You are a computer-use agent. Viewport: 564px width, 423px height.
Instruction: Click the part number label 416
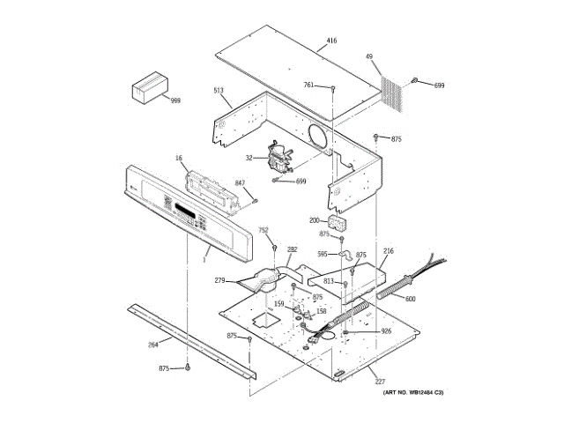tap(331, 41)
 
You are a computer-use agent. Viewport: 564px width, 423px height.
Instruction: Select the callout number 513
tap(219, 91)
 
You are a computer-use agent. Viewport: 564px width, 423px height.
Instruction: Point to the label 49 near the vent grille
tap(369, 57)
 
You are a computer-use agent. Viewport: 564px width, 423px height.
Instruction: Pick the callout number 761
tap(308, 85)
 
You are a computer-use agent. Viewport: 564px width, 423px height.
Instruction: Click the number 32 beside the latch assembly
tap(249, 158)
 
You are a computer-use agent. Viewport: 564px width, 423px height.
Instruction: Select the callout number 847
tap(239, 182)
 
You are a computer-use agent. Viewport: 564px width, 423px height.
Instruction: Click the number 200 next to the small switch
tap(314, 220)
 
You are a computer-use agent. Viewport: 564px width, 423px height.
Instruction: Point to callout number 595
tap(323, 254)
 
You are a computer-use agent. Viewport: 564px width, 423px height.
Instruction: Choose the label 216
tap(389, 251)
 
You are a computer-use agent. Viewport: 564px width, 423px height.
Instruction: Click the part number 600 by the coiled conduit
tap(410, 298)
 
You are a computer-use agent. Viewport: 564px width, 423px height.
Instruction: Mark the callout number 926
tap(385, 331)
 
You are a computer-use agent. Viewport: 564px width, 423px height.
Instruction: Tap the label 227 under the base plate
tap(380, 382)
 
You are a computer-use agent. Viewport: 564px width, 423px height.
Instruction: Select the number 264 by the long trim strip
tap(152, 345)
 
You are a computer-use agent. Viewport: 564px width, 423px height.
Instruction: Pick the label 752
tap(263, 230)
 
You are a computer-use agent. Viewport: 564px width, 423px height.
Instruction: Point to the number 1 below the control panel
tap(205, 259)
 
